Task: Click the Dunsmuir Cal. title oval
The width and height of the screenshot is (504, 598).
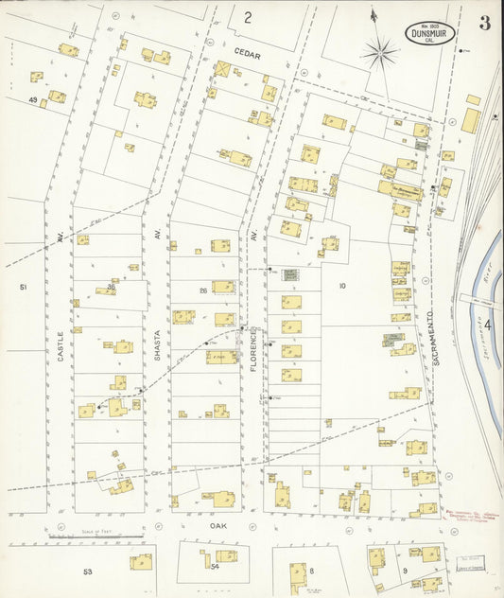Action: pos(431,34)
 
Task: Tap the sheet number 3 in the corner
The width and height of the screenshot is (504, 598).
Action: pos(484,24)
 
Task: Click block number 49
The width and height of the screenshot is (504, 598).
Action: pos(33,99)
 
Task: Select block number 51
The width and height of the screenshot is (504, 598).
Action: pos(24,286)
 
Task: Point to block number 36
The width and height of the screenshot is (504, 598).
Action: pos(111,287)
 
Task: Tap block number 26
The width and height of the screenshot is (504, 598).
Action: pos(202,290)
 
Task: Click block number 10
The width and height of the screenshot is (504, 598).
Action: pos(342,285)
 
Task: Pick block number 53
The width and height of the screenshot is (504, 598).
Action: pos(88,572)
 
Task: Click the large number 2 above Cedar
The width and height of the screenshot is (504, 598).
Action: pos(248,17)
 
